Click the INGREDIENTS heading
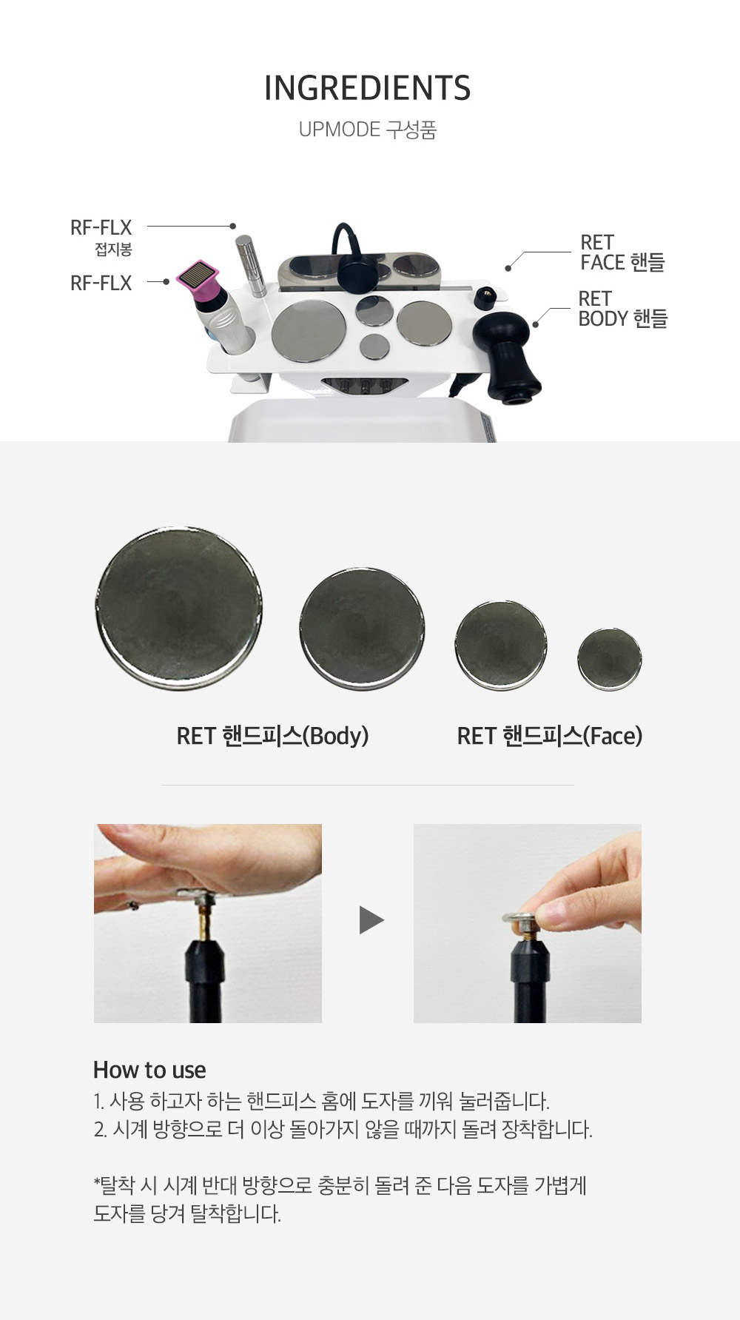coord(368,88)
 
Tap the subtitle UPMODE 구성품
coord(368,130)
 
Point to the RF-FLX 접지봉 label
coord(101,236)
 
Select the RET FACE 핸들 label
coord(622,252)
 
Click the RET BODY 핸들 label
coord(622,309)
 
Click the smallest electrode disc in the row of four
coord(610,660)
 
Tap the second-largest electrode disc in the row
coord(362,629)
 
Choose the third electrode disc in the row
coord(501,646)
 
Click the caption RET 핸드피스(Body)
coord(272,736)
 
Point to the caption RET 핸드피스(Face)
coord(550,736)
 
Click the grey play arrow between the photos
coord(371,920)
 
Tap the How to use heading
coord(149,1070)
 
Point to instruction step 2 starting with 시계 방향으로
coord(343,1130)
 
